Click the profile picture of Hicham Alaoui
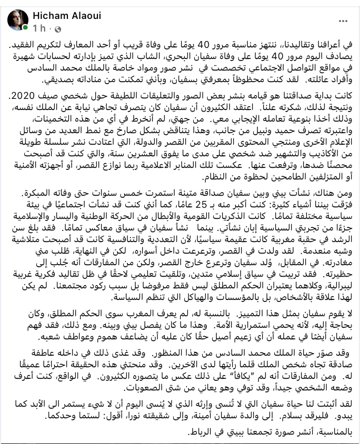[17, 19]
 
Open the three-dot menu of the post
[342, 21]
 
